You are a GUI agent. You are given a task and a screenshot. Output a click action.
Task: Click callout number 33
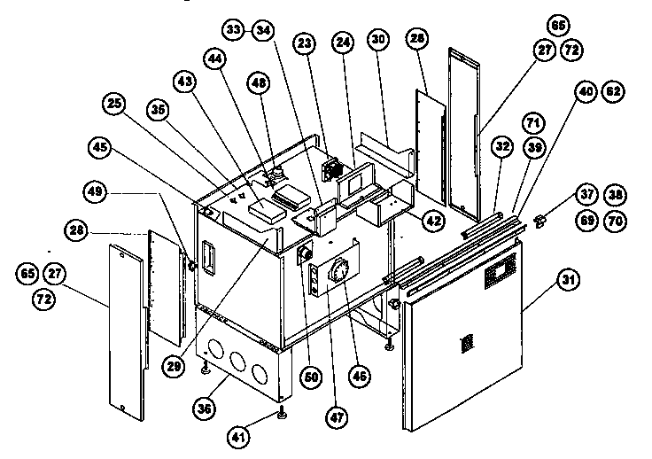click(234, 30)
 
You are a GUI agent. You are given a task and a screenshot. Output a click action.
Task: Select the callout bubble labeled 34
click(261, 30)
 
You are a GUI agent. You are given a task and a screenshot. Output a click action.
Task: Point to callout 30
click(378, 40)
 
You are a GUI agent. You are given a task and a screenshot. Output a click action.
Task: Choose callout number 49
click(96, 190)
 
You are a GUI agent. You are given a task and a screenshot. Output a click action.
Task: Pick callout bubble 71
click(532, 120)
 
